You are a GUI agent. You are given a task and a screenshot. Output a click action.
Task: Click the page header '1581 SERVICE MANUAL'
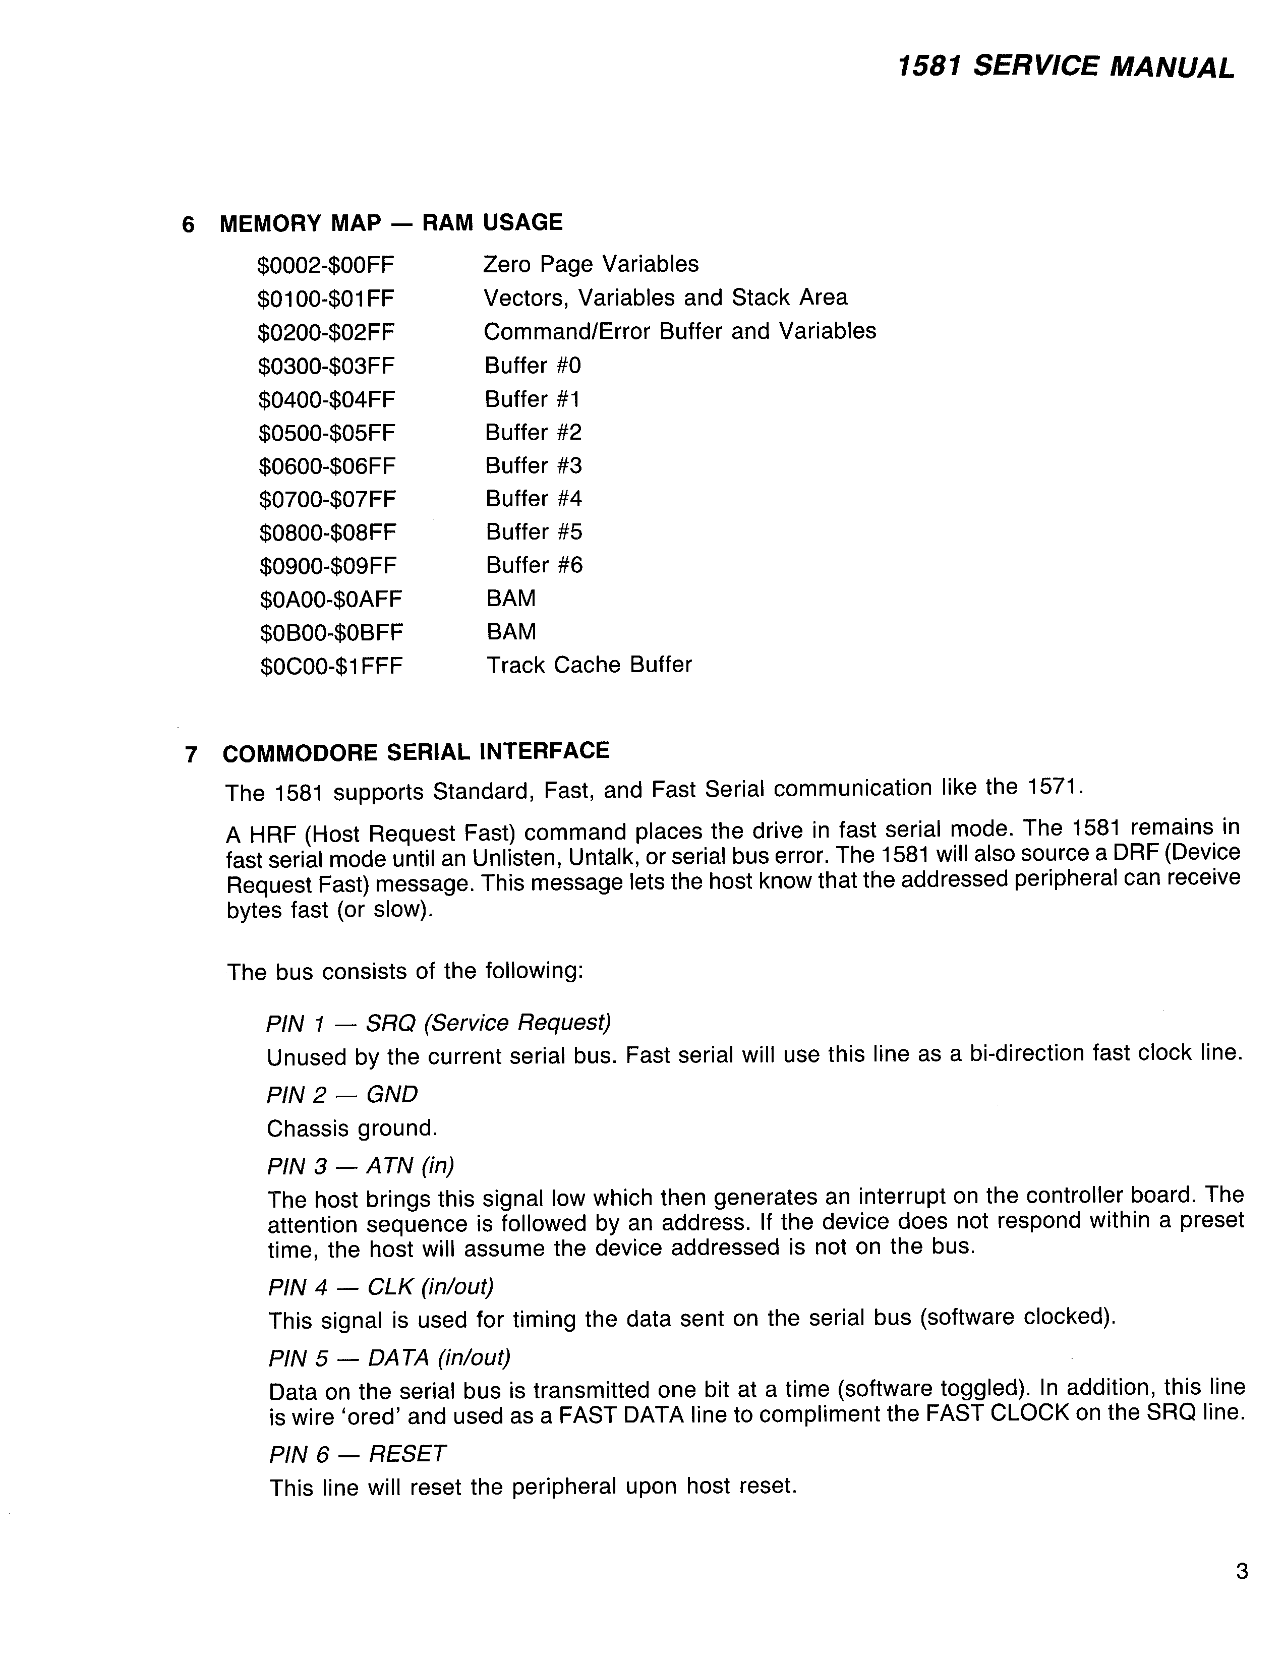click(1065, 67)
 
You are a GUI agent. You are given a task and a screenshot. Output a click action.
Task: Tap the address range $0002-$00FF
click(326, 266)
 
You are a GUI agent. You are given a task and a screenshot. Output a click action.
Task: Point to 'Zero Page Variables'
click(591, 264)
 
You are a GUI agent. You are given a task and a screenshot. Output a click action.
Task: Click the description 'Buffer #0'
click(533, 366)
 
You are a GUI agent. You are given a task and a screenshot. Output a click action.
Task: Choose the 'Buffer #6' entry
click(534, 565)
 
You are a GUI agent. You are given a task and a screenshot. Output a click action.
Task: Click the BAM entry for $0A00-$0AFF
click(510, 599)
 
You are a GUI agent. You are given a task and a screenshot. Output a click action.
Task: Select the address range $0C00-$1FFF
click(331, 667)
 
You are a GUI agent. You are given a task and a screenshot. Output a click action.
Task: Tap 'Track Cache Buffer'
click(589, 665)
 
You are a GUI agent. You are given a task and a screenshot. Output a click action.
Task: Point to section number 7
click(191, 755)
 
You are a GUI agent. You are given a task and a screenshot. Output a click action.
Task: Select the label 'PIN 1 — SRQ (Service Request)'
click(438, 1023)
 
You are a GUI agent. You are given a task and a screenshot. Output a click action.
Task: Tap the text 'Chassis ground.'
click(352, 1128)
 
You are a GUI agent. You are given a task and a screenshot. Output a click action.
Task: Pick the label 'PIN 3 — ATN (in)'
click(361, 1166)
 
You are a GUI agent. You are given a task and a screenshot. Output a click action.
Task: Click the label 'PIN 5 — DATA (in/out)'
click(390, 1357)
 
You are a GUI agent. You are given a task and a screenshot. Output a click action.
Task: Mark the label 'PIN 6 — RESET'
click(358, 1453)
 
